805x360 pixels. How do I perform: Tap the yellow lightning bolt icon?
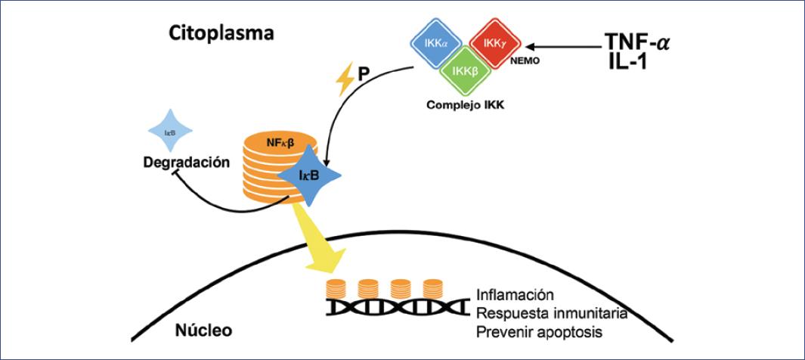pos(345,79)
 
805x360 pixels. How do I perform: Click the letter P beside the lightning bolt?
pos(364,76)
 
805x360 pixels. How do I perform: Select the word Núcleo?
pos(205,331)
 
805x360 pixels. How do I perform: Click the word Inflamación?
pos(516,294)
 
